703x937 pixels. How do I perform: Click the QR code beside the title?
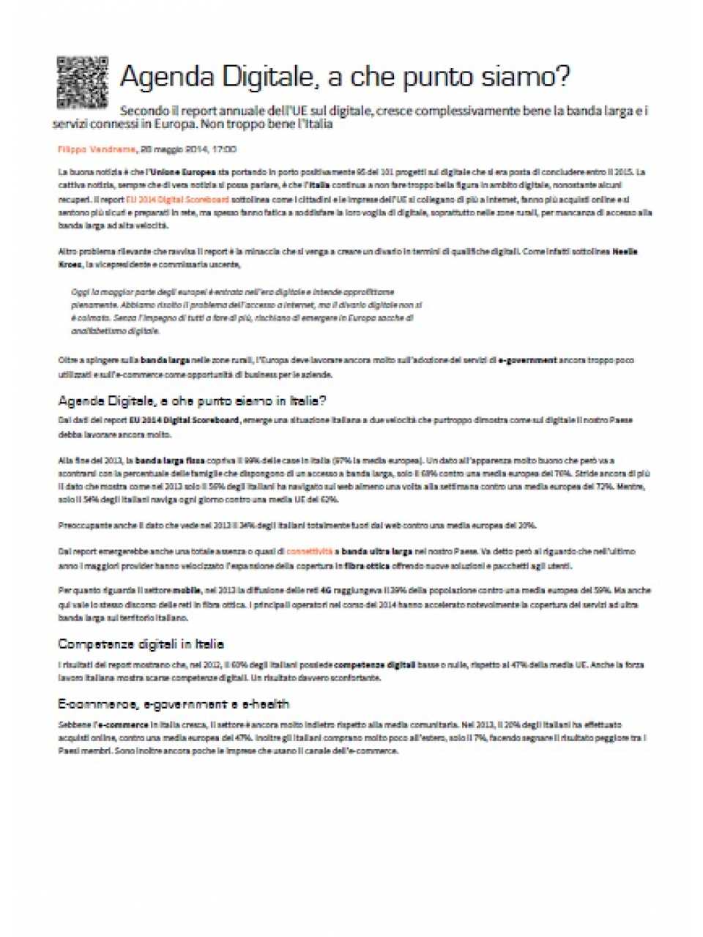[x=83, y=81]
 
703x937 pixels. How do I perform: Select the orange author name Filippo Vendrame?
[x=97, y=149]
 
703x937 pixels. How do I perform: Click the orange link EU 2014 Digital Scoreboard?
[x=177, y=199]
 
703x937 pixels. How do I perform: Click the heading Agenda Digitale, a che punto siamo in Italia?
[x=192, y=400]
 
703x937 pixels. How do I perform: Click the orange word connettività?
[x=310, y=551]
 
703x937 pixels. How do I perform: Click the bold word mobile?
[x=187, y=590]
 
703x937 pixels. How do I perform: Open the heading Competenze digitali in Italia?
[x=141, y=644]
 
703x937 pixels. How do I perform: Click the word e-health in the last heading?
[x=262, y=704]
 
